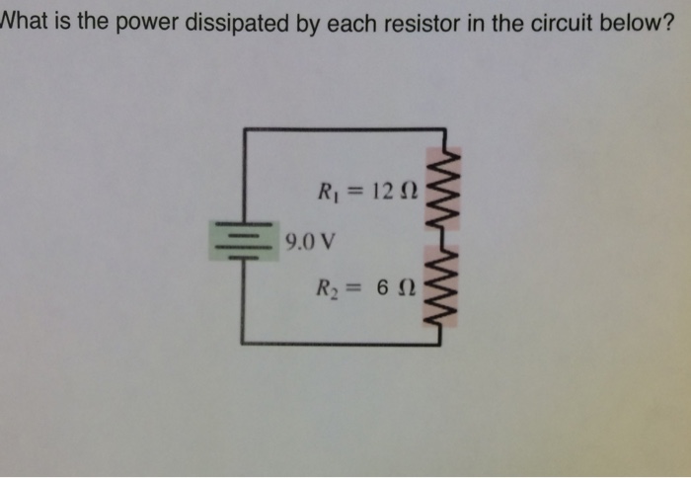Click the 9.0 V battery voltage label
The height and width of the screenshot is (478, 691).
tap(308, 240)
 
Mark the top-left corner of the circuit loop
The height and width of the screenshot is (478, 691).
tap(243, 129)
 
